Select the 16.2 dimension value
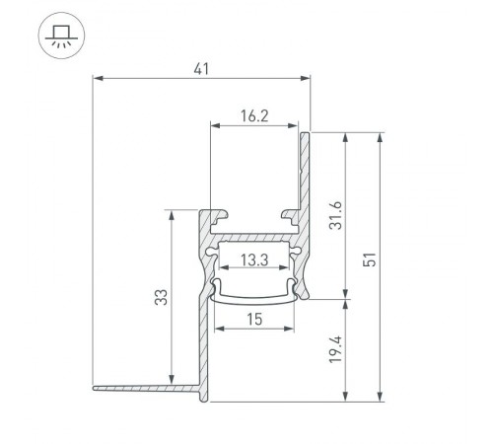(x=254, y=115)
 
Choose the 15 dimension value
(x=253, y=319)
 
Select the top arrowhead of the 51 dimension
(x=380, y=136)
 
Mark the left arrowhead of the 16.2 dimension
(x=214, y=125)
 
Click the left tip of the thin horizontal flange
(x=95, y=388)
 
